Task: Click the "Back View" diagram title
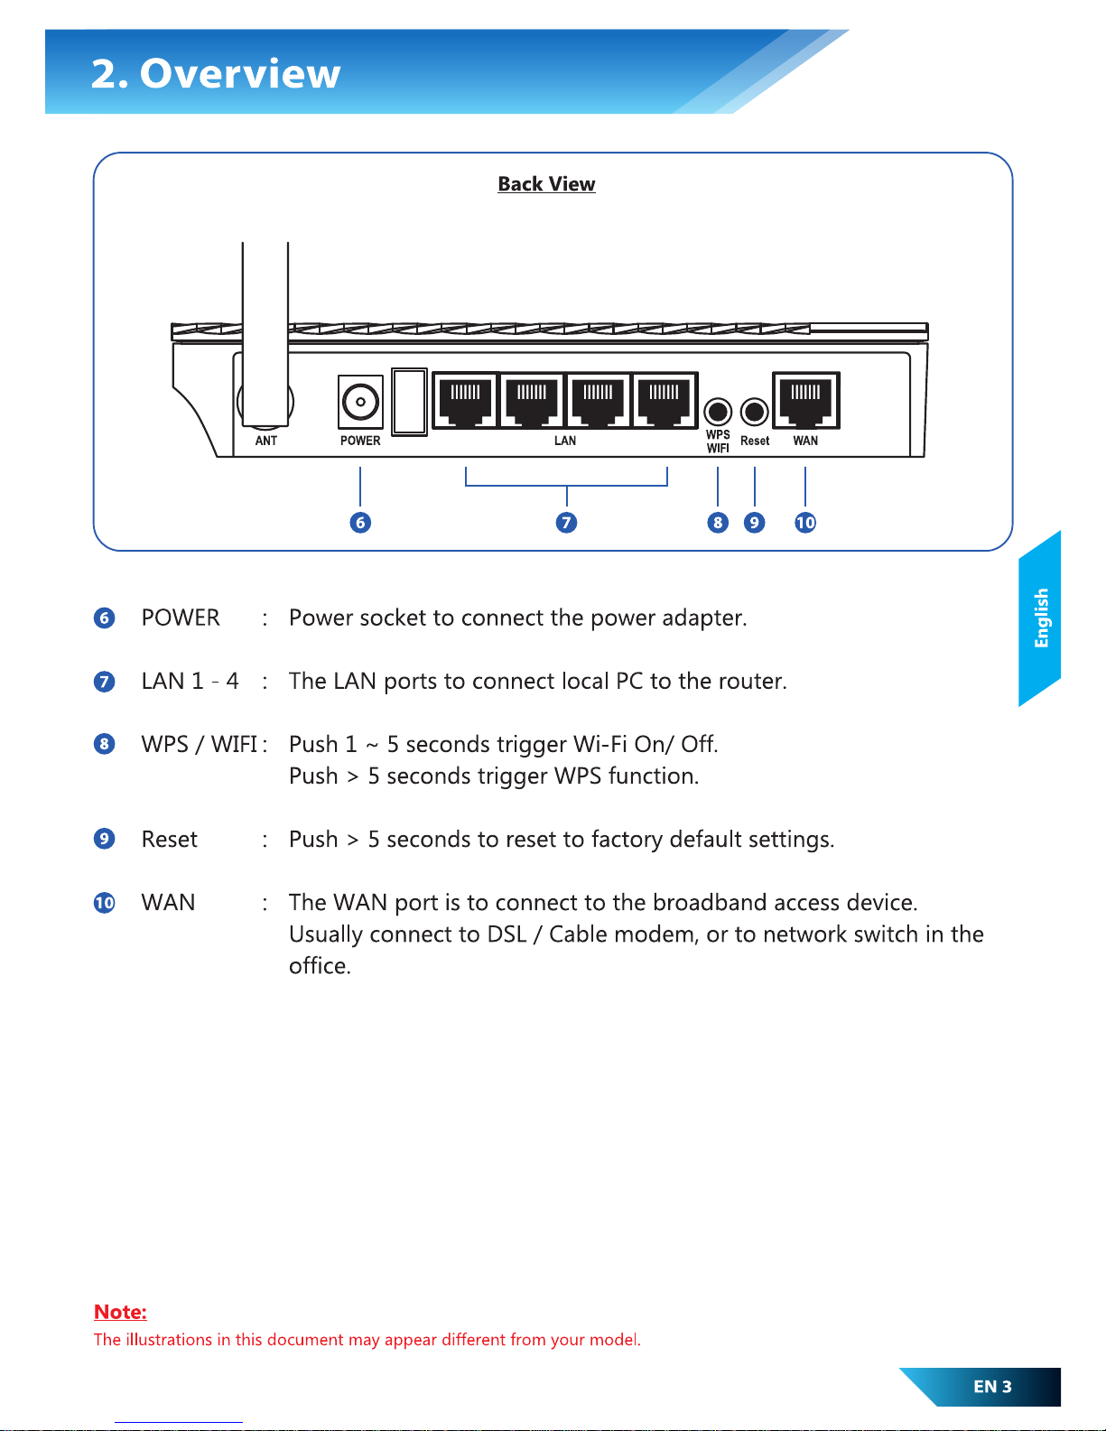tap(546, 184)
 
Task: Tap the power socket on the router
tap(360, 402)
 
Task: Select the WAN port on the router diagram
tap(805, 400)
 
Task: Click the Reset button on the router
tap(754, 412)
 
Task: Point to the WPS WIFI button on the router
tap(718, 412)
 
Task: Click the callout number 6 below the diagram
tap(360, 522)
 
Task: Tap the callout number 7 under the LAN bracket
tap(566, 522)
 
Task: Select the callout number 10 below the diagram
tap(805, 522)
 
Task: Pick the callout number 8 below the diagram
tap(718, 522)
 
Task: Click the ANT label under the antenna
tap(266, 441)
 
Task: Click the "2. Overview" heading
tap(216, 73)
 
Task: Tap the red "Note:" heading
tap(120, 1312)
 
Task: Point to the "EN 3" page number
tap(992, 1387)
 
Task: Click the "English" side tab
tap(1041, 618)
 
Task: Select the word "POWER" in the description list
tap(181, 618)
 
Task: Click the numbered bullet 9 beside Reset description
tap(105, 839)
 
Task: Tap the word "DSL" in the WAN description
tap(507, 934)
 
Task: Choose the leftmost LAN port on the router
tap(466, 400)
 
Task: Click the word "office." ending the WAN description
tap(320, 966)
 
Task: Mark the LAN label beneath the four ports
tap(565, 441)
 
